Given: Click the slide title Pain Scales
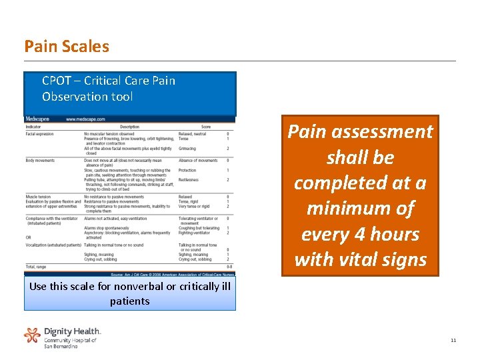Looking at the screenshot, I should pyautogui.click(x=66, y=46).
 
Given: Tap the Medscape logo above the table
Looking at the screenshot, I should pyautogui.click(x=37, y=119).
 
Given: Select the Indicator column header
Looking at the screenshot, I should pyautogui.click(x=33, y=127).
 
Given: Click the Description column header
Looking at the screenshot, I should pyautogui.click(x=129, y=127).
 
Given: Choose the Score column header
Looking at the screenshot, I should pyautogui.click(x=206, y=127).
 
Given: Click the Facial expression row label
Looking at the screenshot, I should pyautogui.click(x=39, y=134).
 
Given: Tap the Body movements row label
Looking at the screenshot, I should pyautogui.click(x=40, y=161).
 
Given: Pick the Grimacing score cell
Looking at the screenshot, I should pyautogui.click(x=187, y=149).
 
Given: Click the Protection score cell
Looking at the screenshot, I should pyautogui.click(x=187, y=170).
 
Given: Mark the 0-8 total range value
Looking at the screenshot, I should pyautogui.click(x=229, y=267).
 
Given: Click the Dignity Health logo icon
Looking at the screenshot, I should pyautogui.click(x=32, y=335).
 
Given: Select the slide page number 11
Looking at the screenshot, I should pyautogui.click(x=453, y=340).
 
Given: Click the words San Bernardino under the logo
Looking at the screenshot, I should pyautogui.click(x=61, y=346).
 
